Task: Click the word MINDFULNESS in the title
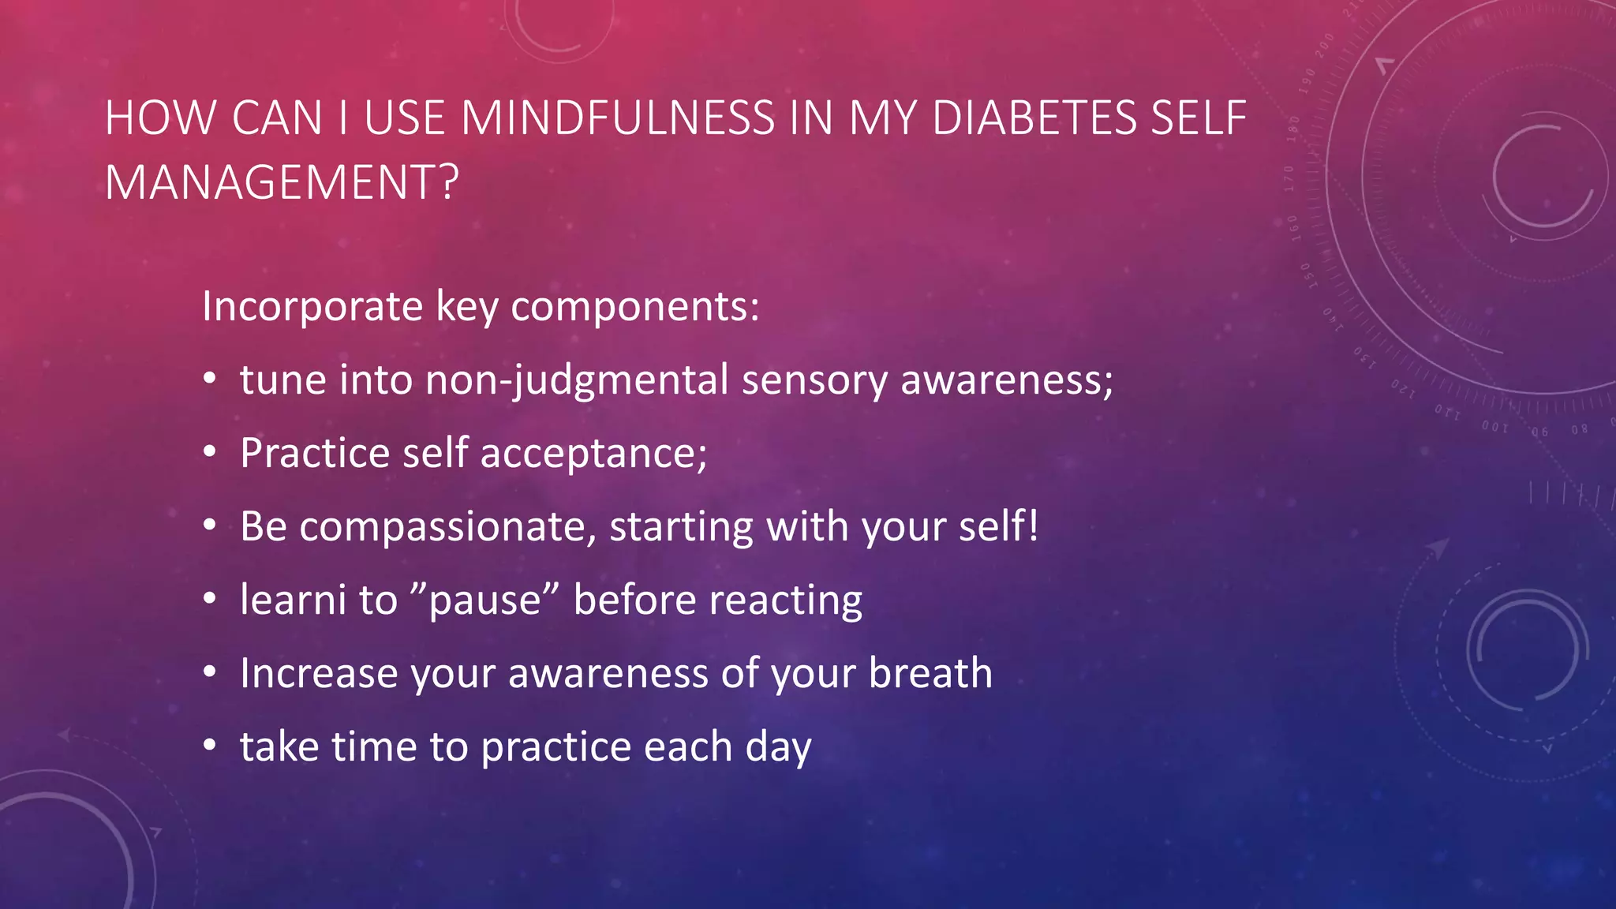point(618,118)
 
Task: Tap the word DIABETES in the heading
point(1034,118)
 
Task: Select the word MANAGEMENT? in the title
point(282,182)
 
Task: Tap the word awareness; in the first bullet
point(1006,380)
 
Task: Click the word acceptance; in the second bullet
point(593,454)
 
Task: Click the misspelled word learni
point(293,600)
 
